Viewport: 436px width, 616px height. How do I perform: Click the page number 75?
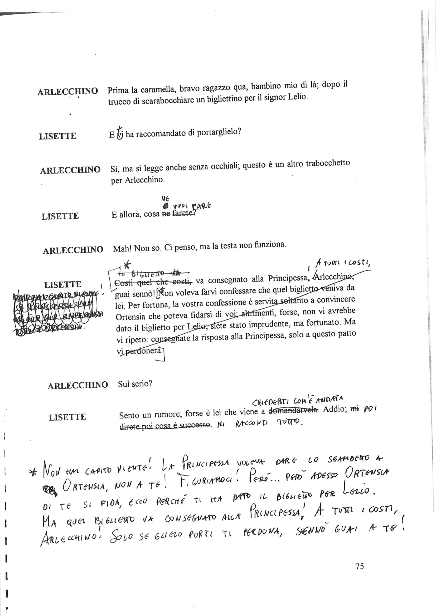(360, 566)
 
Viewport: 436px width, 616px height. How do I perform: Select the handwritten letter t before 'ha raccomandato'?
(120, 133)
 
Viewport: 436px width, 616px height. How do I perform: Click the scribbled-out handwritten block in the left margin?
(56, 313)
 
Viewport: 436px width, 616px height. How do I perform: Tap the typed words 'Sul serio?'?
(135, 384)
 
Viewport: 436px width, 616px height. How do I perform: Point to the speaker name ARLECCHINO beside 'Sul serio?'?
(77, 386)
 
